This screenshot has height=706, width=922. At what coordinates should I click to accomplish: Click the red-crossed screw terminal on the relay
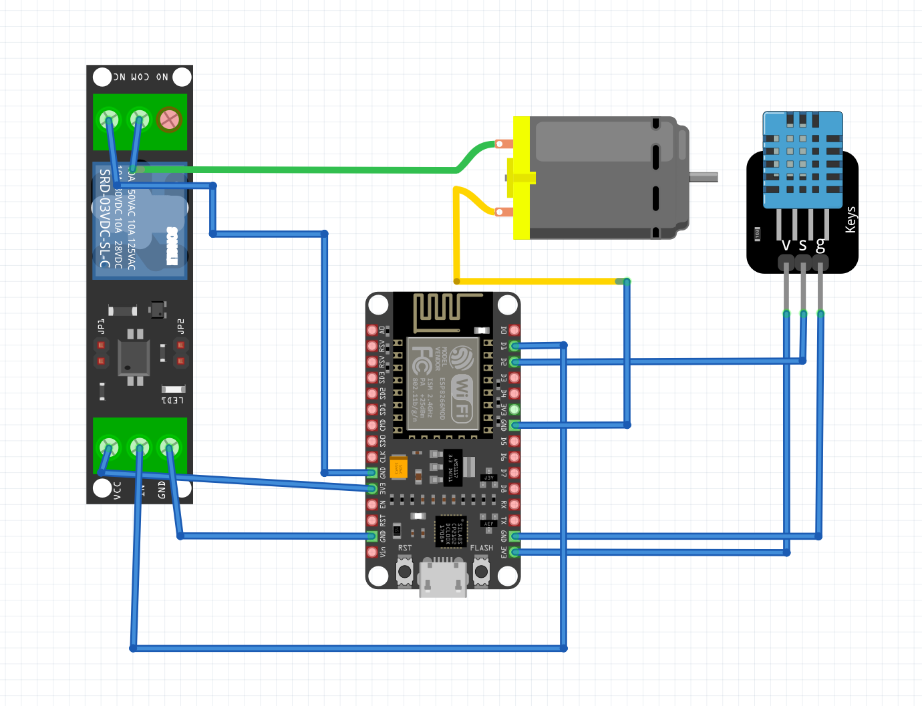(169, 120)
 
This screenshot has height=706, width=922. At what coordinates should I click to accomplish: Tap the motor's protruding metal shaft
(704, 177)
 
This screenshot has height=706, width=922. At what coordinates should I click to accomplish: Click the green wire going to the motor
(301, 170)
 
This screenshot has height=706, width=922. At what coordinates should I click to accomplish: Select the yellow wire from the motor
(534, 281)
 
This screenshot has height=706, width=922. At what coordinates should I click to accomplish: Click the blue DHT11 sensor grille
(802, 160)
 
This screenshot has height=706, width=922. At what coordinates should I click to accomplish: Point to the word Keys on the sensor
(851, 220)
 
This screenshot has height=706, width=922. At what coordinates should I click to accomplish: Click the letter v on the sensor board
(786, 245)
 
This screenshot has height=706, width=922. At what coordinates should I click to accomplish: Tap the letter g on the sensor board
(820, 245)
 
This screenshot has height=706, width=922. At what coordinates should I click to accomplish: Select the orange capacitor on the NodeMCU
(399, 467)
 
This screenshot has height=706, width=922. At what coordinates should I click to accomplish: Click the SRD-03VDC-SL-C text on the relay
(104, 218)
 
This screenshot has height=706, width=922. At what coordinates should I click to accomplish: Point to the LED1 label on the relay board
(172, 400)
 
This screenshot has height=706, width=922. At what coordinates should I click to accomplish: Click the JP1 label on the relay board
(102, 327)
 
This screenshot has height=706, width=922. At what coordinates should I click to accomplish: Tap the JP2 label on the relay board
(180, 327)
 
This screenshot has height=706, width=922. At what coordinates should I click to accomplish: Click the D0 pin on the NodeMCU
(514, 330)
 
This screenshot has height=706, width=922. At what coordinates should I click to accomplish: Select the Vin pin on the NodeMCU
(372, 552)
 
